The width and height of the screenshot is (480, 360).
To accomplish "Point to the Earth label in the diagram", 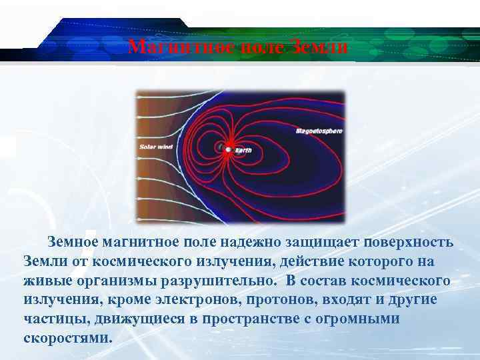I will [243, 151].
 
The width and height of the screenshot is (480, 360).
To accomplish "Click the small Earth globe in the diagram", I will [227, 149].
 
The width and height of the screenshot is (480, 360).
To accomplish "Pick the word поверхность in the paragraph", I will [412, 241].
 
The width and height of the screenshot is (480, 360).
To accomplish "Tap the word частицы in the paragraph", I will [50, 319].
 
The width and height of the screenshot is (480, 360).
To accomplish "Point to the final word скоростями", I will [68, 338].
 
